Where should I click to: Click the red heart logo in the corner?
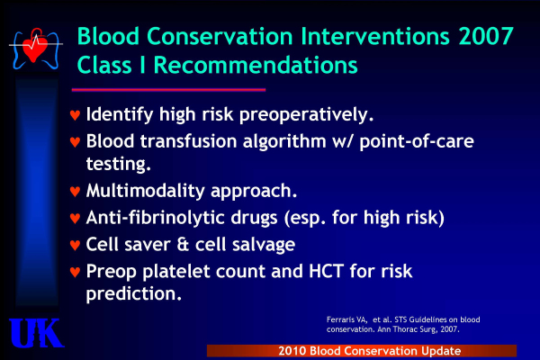(34, 47)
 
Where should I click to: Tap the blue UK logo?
(36, 333)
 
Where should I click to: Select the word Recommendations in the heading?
(256, 65)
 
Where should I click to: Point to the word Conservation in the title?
(220, 36)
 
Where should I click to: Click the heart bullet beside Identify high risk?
(75, 114)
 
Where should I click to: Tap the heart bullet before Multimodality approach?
(75, 191)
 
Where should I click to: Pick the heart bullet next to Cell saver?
(75, 245)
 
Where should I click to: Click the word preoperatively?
(306, 114)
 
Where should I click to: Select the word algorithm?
(284, 141)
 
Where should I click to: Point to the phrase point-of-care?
(417, 141)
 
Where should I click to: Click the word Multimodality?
(145, 191)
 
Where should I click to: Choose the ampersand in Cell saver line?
(183, 244)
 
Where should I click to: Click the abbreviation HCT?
(326, 271)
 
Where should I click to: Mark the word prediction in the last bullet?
(133, 293)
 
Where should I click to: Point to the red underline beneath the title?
(168, 90)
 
